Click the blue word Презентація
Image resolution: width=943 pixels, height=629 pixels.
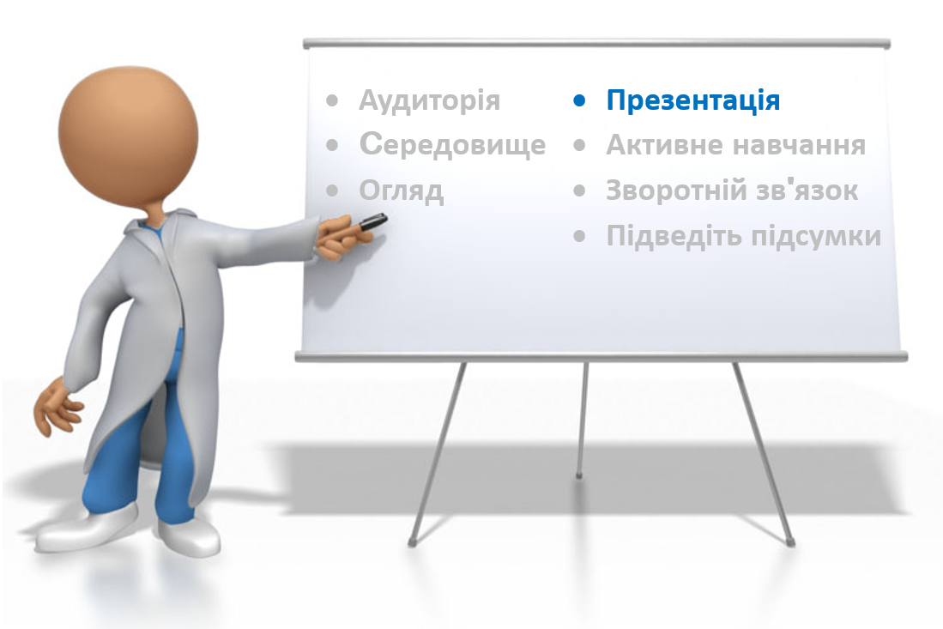692,100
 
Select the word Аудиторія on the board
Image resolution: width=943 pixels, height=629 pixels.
429,100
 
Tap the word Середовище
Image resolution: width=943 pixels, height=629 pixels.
452,146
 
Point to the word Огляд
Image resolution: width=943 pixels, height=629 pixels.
401,191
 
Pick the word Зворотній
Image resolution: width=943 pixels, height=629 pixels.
670,191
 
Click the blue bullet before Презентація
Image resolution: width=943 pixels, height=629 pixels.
579,101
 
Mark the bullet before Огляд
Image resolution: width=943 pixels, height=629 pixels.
332,191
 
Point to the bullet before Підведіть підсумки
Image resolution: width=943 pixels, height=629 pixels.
579,236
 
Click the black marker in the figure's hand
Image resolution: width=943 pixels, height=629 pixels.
373,221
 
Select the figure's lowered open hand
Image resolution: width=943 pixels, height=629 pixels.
57,406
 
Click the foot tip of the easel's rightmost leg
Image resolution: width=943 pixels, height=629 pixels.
790,543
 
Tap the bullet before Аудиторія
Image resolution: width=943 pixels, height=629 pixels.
332,100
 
